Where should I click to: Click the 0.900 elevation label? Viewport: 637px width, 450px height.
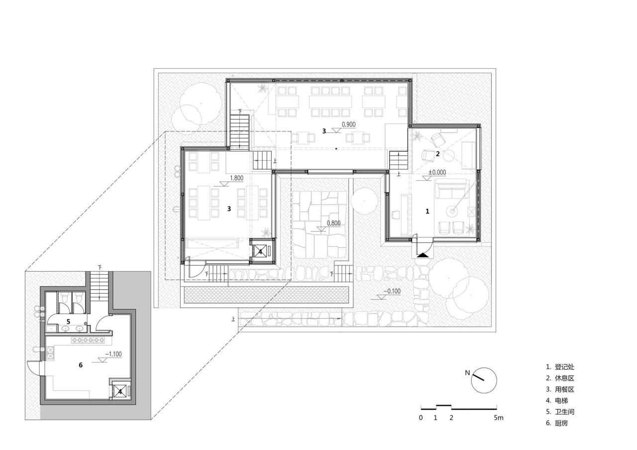pos(348,125)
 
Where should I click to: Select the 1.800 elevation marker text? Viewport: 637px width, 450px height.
pos(236,178)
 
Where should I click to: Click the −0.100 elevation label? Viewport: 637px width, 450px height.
pos(392,292)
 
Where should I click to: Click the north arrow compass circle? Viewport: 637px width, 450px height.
pos(484,380)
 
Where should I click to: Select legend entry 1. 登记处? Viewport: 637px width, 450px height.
pos(560,367)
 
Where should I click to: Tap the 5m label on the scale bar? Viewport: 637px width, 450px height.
pos(498,418)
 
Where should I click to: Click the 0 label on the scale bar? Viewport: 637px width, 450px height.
pos(421,418)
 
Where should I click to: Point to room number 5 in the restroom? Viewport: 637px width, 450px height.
pos(68,322)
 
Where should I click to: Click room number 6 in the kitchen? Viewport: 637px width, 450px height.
pos(80,365)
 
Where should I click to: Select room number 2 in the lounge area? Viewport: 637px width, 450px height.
pos(437,154)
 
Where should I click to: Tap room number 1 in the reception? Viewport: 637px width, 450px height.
pos(427,211)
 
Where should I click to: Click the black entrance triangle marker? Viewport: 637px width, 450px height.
pos(422,255)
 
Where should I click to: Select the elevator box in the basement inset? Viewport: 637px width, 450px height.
pos(120,391)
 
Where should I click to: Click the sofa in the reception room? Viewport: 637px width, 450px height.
pos(451,190)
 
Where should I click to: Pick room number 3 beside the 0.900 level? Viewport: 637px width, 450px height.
pos(324,131)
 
